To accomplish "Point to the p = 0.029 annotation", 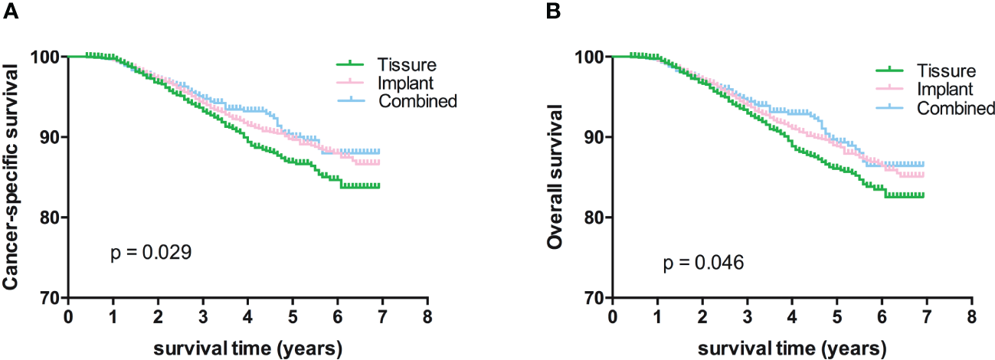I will [x=147, y=252].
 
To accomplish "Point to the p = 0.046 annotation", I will [x=702, y=264].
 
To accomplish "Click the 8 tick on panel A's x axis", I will [x=427, y=316].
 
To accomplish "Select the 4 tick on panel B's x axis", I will [x=791, y=316].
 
